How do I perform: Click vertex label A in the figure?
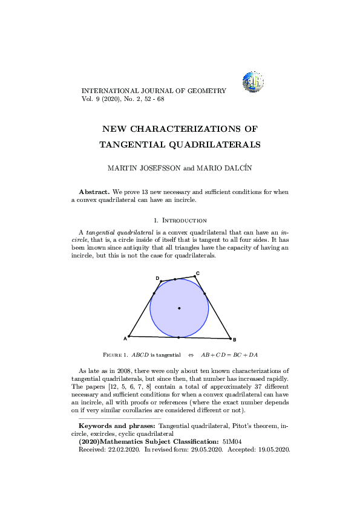(125, 338)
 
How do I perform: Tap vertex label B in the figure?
(235, 340)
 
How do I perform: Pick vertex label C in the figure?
(198, 273)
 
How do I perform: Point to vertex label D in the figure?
(157, 278)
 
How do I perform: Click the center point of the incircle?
(179, 308)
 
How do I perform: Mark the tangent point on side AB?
(179, 337)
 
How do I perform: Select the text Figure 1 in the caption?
(116, 355)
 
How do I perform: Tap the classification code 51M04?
(232, 442)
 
